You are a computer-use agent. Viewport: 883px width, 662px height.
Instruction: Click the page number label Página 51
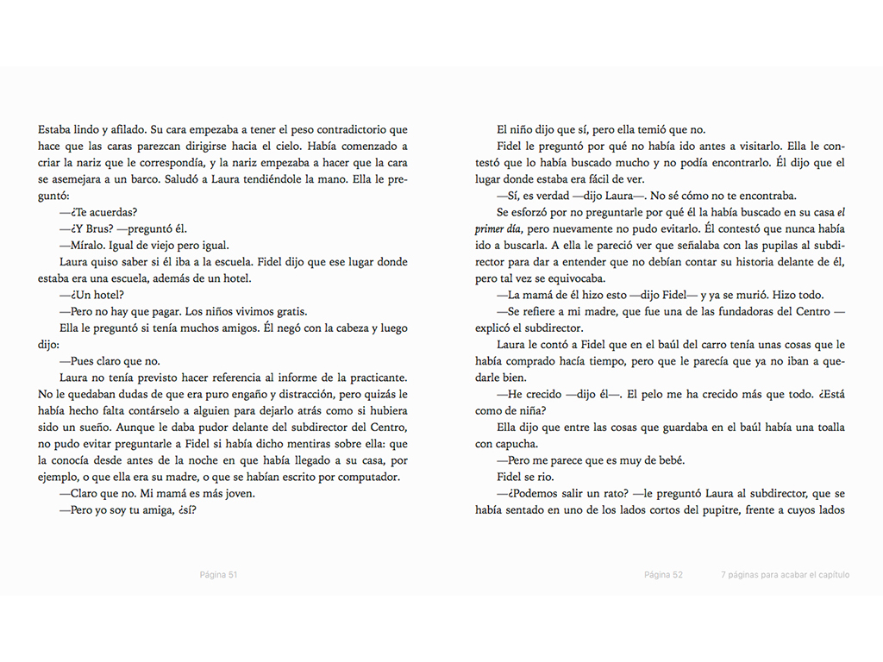coord(218,575)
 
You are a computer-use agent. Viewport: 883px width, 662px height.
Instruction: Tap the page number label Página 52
coord(663,575)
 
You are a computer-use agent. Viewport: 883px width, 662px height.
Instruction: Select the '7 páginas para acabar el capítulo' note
coord(786,575)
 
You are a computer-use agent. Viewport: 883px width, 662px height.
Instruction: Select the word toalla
coord(826,427)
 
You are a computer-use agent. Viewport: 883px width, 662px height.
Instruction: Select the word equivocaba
coord(574,278)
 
